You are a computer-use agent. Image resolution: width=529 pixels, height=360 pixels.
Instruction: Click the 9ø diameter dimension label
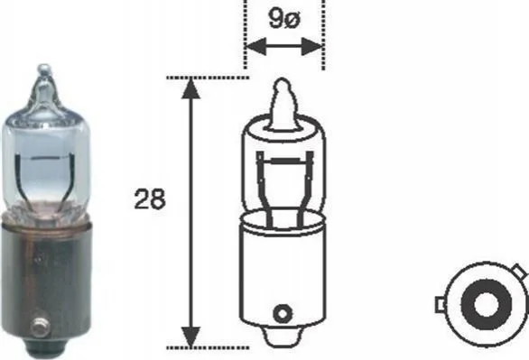tap(284, 18)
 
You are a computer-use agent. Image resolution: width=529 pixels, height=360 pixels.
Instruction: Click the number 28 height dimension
tap(150, 198)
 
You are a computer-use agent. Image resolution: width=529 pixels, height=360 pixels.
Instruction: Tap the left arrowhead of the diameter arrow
tap(256, 46)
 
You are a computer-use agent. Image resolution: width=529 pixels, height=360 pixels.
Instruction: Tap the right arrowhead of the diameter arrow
tap(312, 46)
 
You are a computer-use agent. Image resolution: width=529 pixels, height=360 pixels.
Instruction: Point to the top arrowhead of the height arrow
tap(191, 88)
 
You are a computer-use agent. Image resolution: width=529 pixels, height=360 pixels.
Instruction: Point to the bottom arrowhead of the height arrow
tap(191, 337)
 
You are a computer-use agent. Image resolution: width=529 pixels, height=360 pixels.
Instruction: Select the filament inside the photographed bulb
tap(44, 158)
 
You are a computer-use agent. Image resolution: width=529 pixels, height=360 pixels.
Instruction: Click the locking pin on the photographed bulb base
tap(40, 327)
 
